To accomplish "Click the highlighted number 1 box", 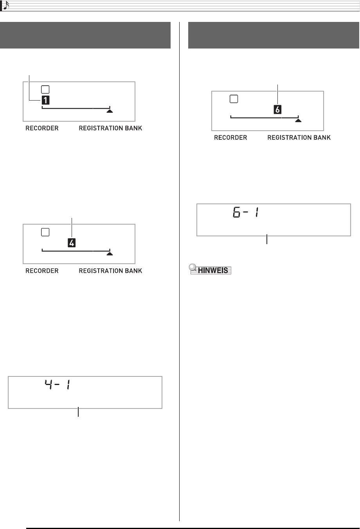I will click(x=46, y=100).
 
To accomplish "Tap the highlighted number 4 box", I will click(x=72, y=243).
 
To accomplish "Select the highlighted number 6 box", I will click(x=277, y=110).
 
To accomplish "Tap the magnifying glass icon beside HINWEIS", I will click(x=193, y=268).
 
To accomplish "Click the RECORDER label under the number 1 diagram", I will click(x=42, y=128).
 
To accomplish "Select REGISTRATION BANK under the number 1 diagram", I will click(x=110, y=128).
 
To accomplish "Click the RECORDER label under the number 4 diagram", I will click(x=42, y=271).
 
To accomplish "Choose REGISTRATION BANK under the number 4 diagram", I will click(x=110, y=271).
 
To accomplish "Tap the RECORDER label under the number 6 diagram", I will click(x=230, y=138).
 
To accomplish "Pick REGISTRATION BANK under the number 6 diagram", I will click(x=299, y=138).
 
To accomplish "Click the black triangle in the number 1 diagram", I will click(x=110, y=111).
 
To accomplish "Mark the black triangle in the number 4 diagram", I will click(x=110, y=254).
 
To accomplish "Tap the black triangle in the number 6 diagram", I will click(x=299, y=121).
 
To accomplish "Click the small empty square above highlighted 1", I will click(x=45, y=89).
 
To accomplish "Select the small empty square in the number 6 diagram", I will click(x=234, y=99).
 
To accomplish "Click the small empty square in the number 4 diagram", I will click(x=45, y=232).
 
